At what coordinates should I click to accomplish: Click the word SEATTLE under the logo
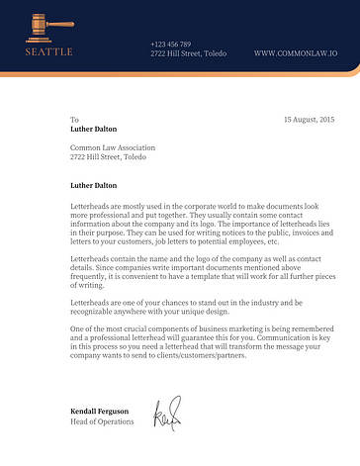point(48,50)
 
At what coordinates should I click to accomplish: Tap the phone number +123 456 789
point(170,44)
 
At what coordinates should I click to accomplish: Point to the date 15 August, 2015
point(309,119)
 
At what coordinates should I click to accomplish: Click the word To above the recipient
point(74,119)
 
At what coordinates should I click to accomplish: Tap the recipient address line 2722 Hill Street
point(108,156)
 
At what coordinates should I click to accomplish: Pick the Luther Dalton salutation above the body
point(93,183)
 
